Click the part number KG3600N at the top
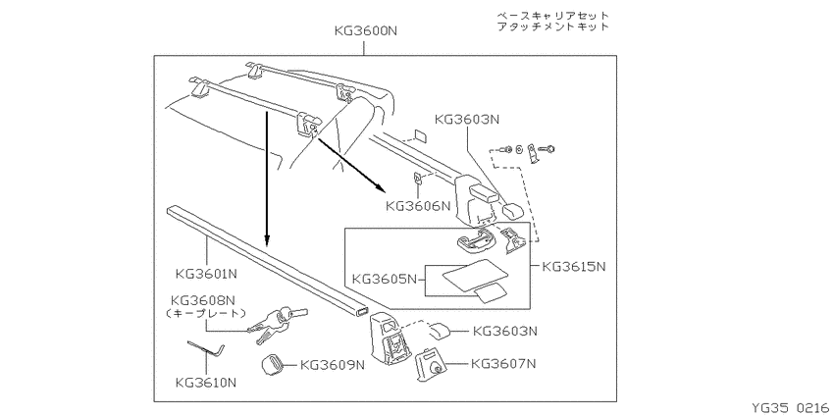(366, 30)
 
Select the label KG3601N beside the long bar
(206, 275)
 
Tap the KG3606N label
(418, 205)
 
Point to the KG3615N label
(574, 266)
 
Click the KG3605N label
(384, 279)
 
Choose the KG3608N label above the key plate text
(202, 300)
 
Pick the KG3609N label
(333, 365)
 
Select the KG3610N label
(206, 383)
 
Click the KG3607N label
(503, 364)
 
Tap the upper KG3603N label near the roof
(467, 120)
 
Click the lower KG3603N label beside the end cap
(505, 331)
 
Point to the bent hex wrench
(207, 350)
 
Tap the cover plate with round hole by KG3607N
(432, 364)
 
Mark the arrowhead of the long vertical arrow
(267, 242)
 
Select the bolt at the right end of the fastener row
(547, 149)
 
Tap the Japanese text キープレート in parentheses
(206, 314)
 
